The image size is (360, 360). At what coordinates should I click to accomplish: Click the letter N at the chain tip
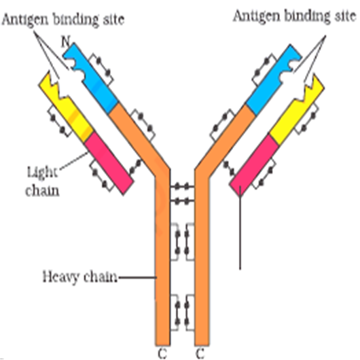66,41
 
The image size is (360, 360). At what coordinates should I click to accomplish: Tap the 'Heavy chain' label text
80,277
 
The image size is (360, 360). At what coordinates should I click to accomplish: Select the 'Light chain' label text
42,181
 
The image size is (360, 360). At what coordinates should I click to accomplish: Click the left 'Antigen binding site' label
63,20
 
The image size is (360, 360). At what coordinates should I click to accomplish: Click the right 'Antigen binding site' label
295,16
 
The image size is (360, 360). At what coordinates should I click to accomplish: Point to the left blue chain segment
91,77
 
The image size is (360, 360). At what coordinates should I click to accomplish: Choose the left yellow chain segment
66,106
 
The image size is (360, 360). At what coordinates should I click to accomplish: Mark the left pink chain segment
109,164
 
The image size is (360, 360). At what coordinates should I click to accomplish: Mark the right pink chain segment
254,165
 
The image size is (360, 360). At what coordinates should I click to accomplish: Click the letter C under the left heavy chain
162,353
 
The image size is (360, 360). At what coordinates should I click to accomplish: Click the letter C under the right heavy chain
200,353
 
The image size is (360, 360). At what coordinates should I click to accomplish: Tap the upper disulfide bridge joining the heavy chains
182,186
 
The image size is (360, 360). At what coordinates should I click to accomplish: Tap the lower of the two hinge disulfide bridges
182,201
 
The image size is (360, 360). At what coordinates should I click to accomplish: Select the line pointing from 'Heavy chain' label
137,277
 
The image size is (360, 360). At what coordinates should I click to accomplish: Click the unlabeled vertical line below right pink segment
240,228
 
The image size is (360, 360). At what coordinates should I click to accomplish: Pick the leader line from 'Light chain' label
74,161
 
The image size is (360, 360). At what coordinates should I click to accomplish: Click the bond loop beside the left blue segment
101,69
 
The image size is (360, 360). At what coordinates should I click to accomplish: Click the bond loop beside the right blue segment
264,69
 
